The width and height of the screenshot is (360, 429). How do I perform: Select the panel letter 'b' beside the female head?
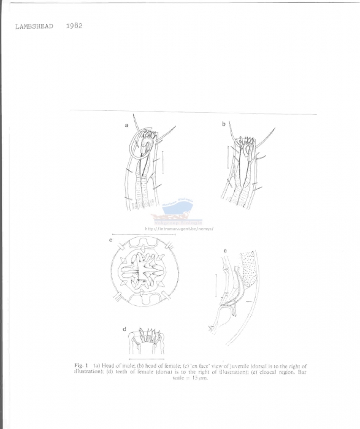pyautogui.click(x=224, y=124)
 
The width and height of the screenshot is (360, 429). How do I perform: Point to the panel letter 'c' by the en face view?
pyautogui.click(x=110, y=240)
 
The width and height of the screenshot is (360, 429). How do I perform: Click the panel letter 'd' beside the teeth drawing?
pyautogui.click(x=124, y=329)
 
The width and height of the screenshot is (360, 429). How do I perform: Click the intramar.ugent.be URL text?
pyautogui.click(x=175, y=229)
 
